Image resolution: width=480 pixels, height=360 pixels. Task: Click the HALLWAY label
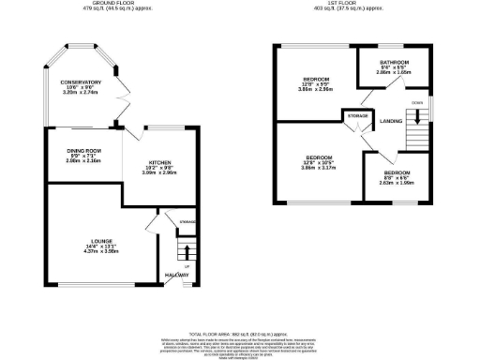[176, 275]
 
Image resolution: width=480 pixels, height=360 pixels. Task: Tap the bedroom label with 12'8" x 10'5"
[314, 157]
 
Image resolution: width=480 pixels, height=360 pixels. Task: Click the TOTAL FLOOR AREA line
[240, 334]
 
